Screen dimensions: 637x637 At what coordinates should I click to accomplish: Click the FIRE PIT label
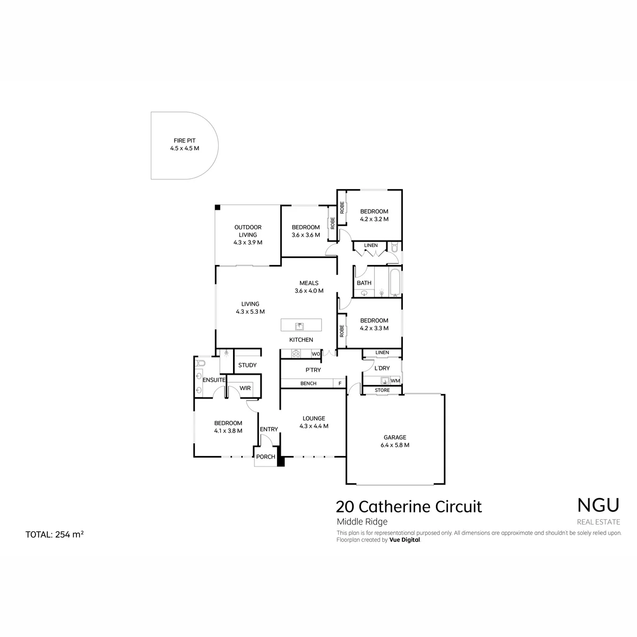(x=184, y=141)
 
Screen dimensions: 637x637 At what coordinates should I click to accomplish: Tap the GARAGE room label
(x=395, y=437)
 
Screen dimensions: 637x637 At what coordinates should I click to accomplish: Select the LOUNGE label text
(x=314, y=418)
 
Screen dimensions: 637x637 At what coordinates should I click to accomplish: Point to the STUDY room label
(x=247, y=365)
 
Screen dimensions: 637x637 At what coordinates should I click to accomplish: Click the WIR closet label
(x=245, y=388)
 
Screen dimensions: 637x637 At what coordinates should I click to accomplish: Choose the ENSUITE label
(x=214, y=380)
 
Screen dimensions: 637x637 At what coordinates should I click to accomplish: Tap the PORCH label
(x=265, y=457)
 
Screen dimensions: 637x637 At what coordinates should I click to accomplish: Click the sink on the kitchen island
(x=299, y=326)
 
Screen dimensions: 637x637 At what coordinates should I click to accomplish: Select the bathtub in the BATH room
(x=395, y=282)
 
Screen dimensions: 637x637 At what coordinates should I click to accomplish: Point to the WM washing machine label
(x=395, y=381)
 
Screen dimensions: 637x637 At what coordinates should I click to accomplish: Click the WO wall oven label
(x=316, y=354)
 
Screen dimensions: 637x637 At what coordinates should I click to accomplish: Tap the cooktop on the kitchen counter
(x=296, y=354)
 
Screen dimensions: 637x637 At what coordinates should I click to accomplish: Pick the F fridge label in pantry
(x=340, y=383)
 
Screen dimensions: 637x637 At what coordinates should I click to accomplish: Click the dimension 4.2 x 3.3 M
(x=374, y=328)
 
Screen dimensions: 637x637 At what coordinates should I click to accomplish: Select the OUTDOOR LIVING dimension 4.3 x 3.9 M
(x=248, y=242)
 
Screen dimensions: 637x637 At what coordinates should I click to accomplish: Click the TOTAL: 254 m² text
(x=55, y=535)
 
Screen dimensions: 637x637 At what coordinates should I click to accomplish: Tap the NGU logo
(x=598, y=505)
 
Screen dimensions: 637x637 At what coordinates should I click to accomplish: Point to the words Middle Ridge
(x=362, y=522)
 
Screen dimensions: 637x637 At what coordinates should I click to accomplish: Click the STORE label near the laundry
(x=382, y=390)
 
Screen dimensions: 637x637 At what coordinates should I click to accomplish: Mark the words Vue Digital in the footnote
(x=404, y=540)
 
